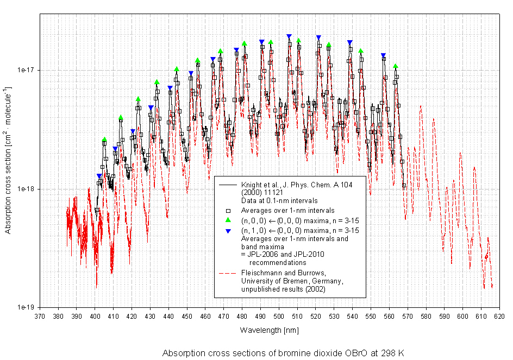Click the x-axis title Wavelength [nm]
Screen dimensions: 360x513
click(269, 330)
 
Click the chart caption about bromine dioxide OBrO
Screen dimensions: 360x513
click(283, 352)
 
